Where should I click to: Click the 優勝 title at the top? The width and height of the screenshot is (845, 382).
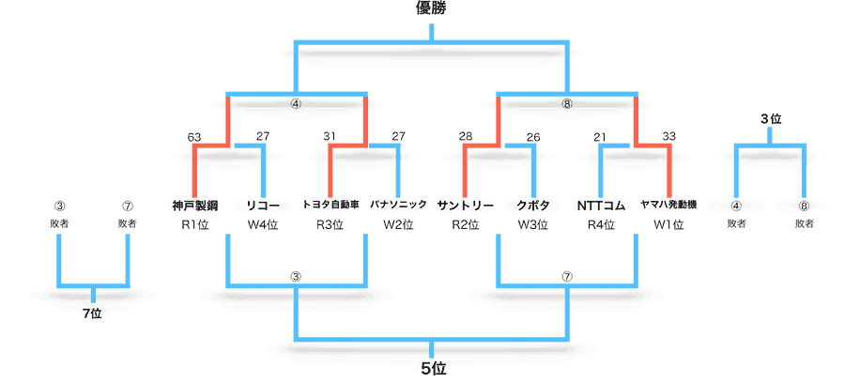point(431,8)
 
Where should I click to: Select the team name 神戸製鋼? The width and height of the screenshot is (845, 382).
point(194,206)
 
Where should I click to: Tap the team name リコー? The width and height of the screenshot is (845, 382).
point(263,206)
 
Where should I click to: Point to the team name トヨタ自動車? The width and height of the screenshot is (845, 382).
point(330,205)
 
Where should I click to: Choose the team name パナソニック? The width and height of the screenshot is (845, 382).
point(398,205)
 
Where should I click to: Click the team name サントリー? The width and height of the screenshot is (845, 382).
point(465,206)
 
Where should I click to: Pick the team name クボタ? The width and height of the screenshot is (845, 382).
point(533,206)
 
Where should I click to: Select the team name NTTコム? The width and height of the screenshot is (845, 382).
point(601,206)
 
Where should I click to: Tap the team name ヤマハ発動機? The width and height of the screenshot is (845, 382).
point(668,205)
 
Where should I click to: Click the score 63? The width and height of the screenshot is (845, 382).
point(194,137)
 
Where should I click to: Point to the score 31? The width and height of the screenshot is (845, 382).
point(330,137)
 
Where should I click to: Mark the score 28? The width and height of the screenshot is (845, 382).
point(466,136)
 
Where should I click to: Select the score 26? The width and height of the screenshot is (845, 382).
point(533,137)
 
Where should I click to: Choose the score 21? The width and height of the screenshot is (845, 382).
point(600,137)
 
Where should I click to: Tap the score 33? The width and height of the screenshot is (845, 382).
point(668,136)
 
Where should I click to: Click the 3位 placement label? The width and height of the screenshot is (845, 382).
point(771,119)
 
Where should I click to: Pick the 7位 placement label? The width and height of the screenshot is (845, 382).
point(93,314)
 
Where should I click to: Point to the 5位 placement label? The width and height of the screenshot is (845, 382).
point(433,369)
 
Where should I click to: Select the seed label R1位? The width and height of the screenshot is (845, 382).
point(194,225)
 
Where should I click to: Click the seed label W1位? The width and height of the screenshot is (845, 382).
point(668,225)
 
